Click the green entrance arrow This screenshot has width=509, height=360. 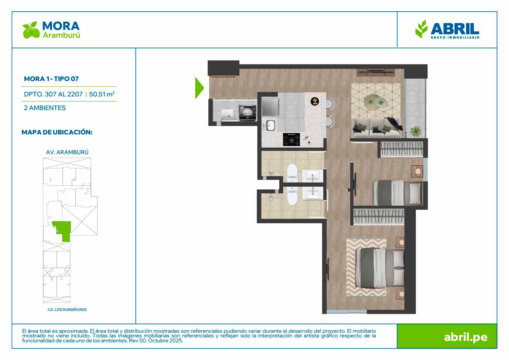click(x=199, y=88)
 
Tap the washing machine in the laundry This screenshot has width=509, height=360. click(x=248, y=113)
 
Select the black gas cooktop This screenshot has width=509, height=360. click(x=291, y=139)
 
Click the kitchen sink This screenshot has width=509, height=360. click(x=270, y=125)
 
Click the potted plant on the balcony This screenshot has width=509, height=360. click(x=416, y=131)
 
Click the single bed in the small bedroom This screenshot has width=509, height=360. click(x=398, y=193)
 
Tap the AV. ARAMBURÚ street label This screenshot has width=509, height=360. click(x=67, y=152)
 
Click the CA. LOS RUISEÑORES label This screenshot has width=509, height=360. click(x=67, y=309)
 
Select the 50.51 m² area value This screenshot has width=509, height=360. click(x=102, y=94)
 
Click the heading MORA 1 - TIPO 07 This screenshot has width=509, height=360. click(x=51, y=79)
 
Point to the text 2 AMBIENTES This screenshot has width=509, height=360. click(x=45, y=108)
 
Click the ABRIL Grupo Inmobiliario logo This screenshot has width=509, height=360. click(x=447, y=29)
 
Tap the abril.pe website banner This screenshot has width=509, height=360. click(x=447, y=336)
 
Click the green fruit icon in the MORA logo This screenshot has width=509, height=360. click(x=31, y=30)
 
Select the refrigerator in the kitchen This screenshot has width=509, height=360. click(x=270, y=107)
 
